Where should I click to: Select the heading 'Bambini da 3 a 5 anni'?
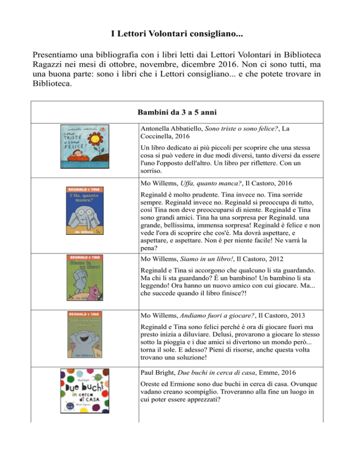[180, 113]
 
